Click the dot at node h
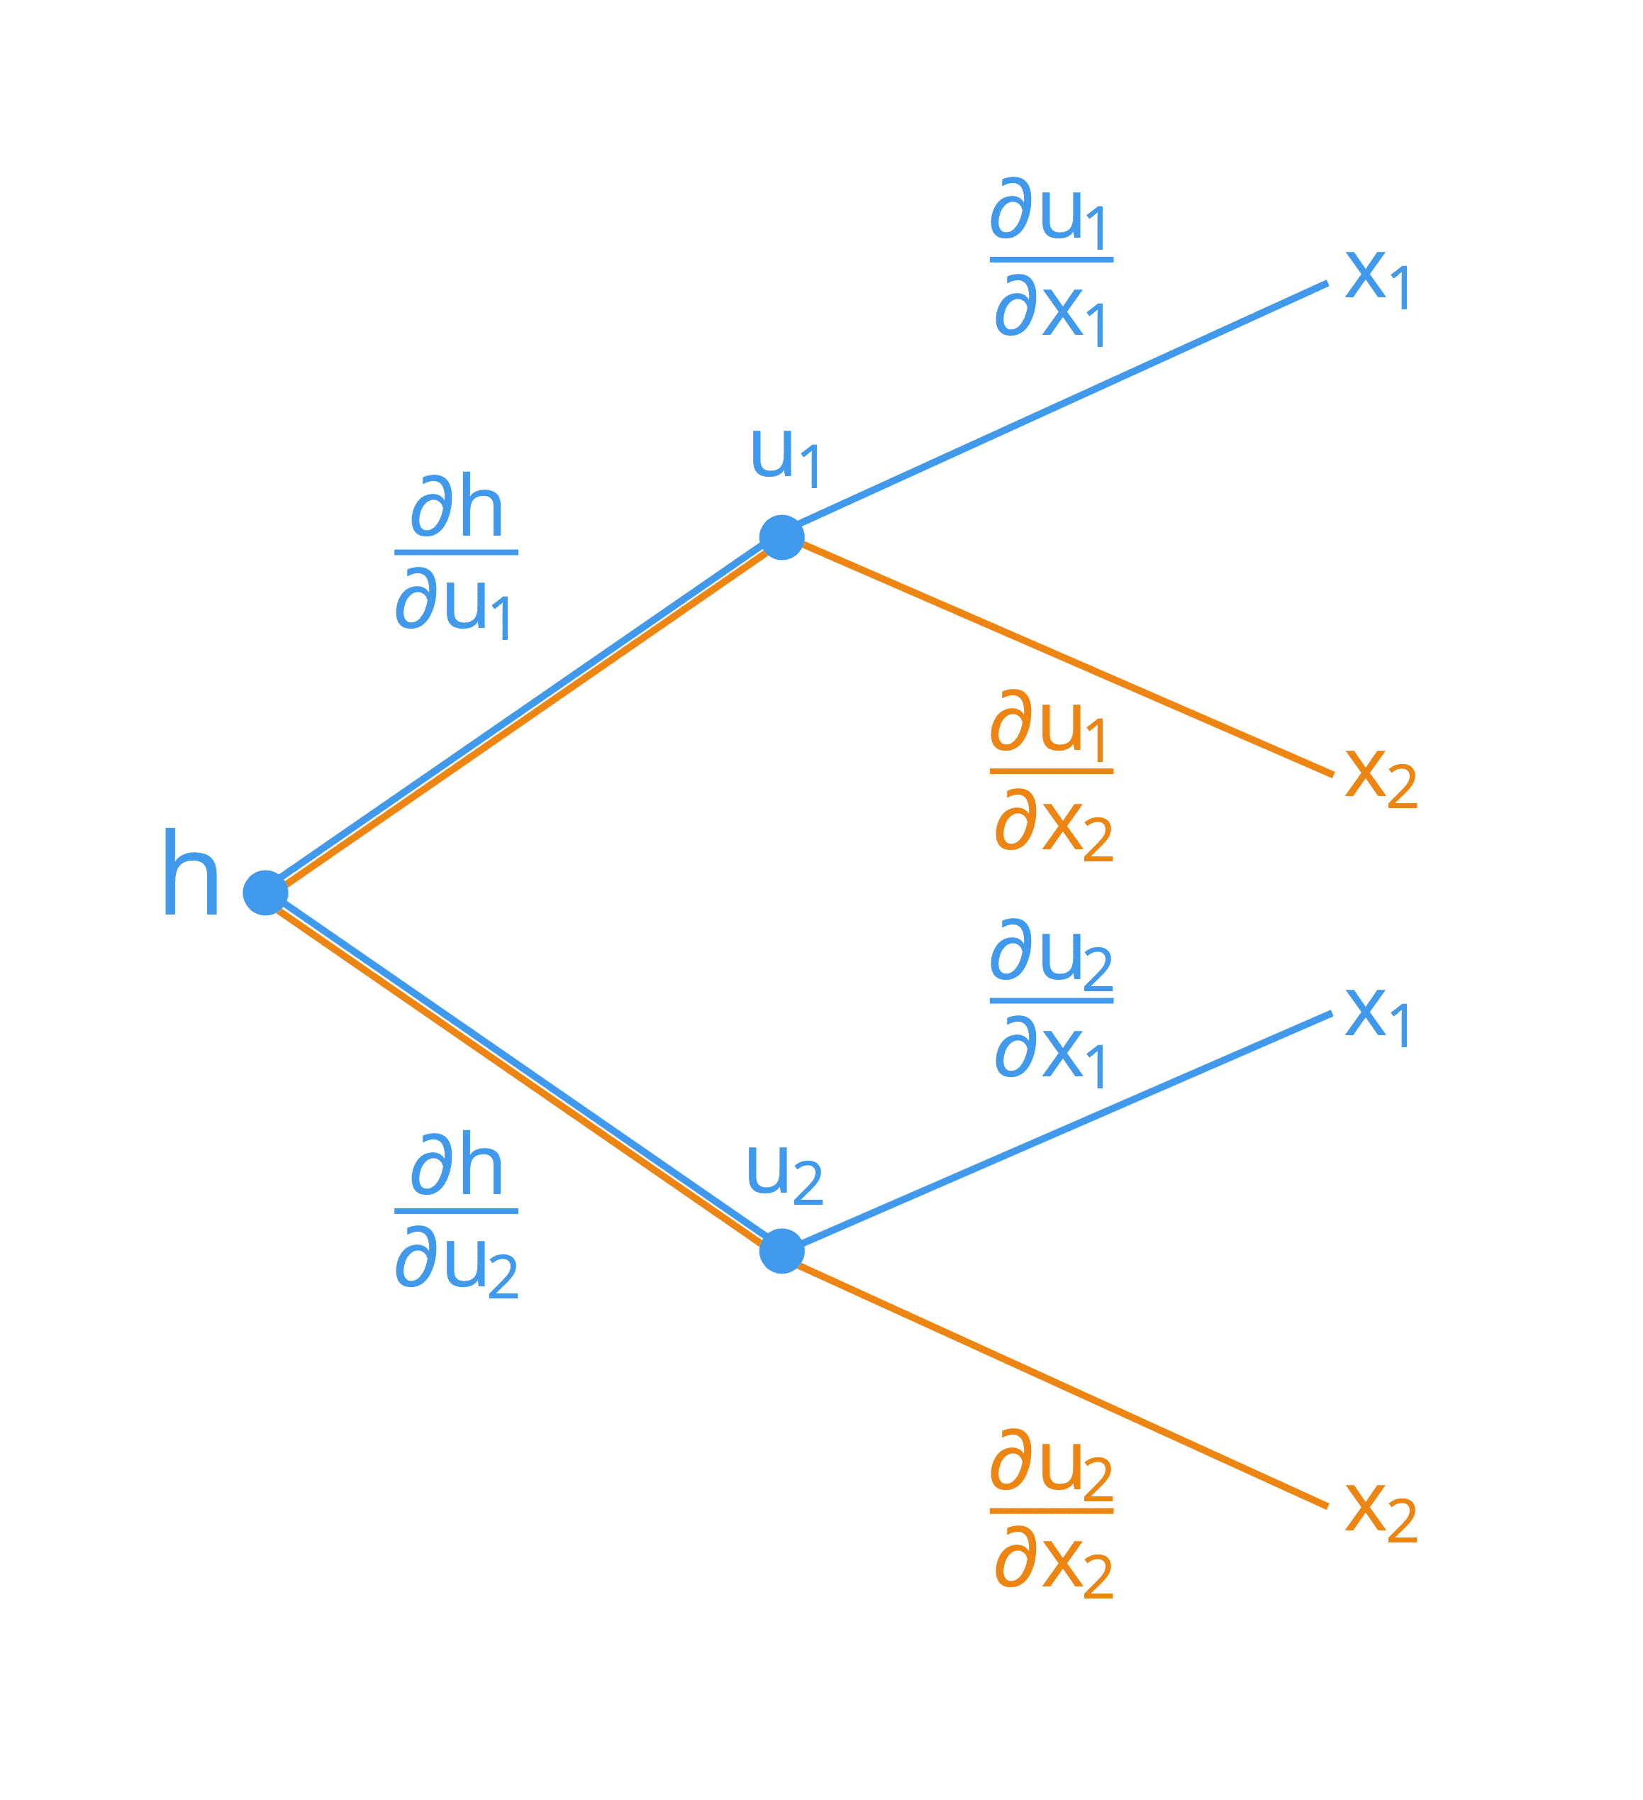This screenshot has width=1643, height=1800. point(265,893)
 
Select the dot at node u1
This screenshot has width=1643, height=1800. point(781,538)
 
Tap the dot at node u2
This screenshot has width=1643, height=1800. point(781,1251)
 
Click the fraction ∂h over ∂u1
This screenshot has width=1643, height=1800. point(456,556)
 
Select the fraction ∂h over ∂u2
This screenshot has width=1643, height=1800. point(456,1215)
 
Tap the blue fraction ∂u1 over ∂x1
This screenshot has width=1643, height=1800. point(1052,263)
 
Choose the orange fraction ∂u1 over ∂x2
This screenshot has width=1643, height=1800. point(1052,774)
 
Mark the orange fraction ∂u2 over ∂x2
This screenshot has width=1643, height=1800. point(1052,1513)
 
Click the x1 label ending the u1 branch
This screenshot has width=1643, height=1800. point(1378,279)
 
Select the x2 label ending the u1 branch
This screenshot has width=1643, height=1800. point(1381,778)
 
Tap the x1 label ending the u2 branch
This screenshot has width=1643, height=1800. point(1378,1016)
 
